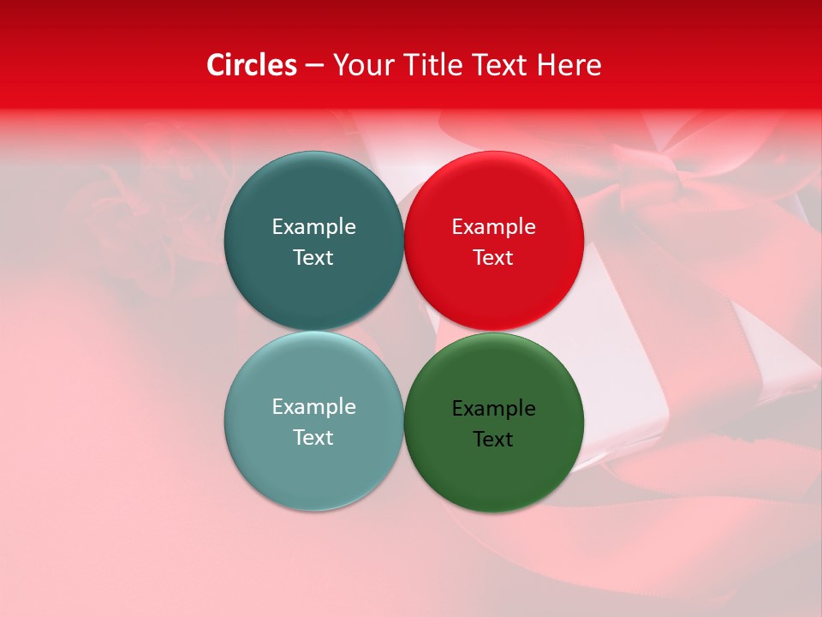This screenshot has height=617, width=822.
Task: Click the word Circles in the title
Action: [252, 65]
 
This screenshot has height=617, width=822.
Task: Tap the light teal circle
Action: [313, 471]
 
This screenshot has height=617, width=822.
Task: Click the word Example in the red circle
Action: [493, 227]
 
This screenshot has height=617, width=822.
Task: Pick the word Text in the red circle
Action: [493, 258]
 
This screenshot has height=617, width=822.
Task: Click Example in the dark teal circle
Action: [313, 227]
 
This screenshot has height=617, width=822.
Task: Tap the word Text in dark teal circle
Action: [313, 258]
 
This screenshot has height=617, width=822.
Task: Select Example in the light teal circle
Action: [313, 407]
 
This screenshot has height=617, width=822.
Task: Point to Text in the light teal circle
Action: [313, 438]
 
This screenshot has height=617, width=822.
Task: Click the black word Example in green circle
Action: [493, 409]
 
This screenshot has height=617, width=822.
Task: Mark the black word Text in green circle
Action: [493, 440]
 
